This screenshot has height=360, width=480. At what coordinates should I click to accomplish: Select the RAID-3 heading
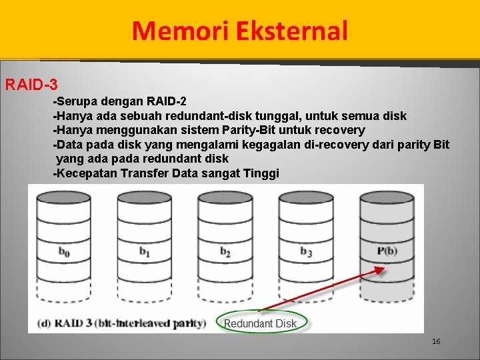point(31,85)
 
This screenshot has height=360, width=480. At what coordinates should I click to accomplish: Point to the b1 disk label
point(144,251)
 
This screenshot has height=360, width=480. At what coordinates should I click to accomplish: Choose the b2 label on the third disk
point(225,251)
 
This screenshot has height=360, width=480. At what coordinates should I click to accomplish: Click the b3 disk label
point(306,251)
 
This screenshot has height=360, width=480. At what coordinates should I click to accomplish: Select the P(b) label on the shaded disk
point(387,251)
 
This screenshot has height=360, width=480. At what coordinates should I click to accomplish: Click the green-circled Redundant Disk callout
point(261,323)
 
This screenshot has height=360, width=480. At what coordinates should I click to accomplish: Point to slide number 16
point(436,342)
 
